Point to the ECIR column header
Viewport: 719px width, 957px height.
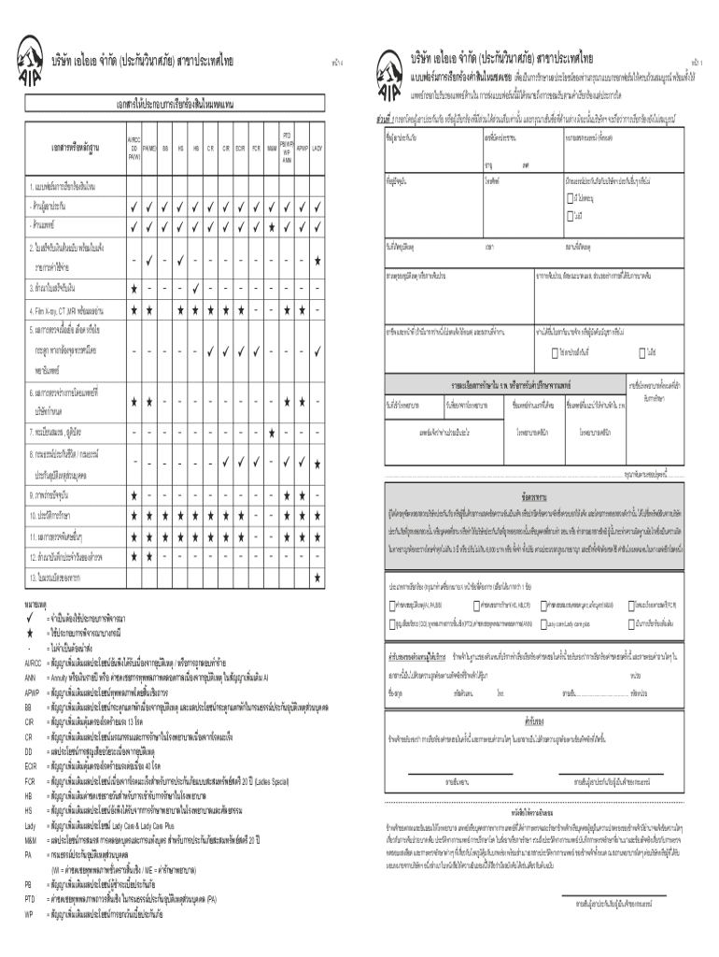click(x=240, y=147)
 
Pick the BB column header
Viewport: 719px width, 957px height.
click(x=165, y=147)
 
